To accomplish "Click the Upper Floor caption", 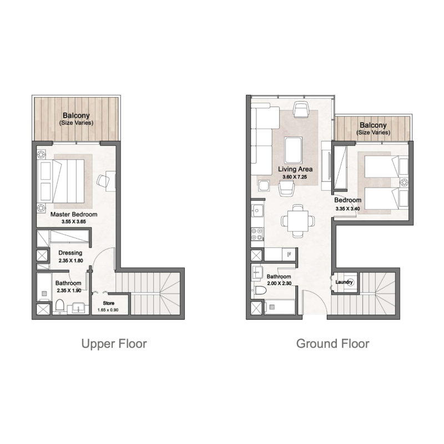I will point(114,344).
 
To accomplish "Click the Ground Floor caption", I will point(332,344).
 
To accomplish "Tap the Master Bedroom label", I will point(74,214).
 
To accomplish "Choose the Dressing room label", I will point(70,253).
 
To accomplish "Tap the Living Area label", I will point(295,169).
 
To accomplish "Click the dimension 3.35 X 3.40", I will point(348,209).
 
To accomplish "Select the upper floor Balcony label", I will point(77,116).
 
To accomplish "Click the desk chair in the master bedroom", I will point(103,180).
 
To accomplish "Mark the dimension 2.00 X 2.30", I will point(279,283).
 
